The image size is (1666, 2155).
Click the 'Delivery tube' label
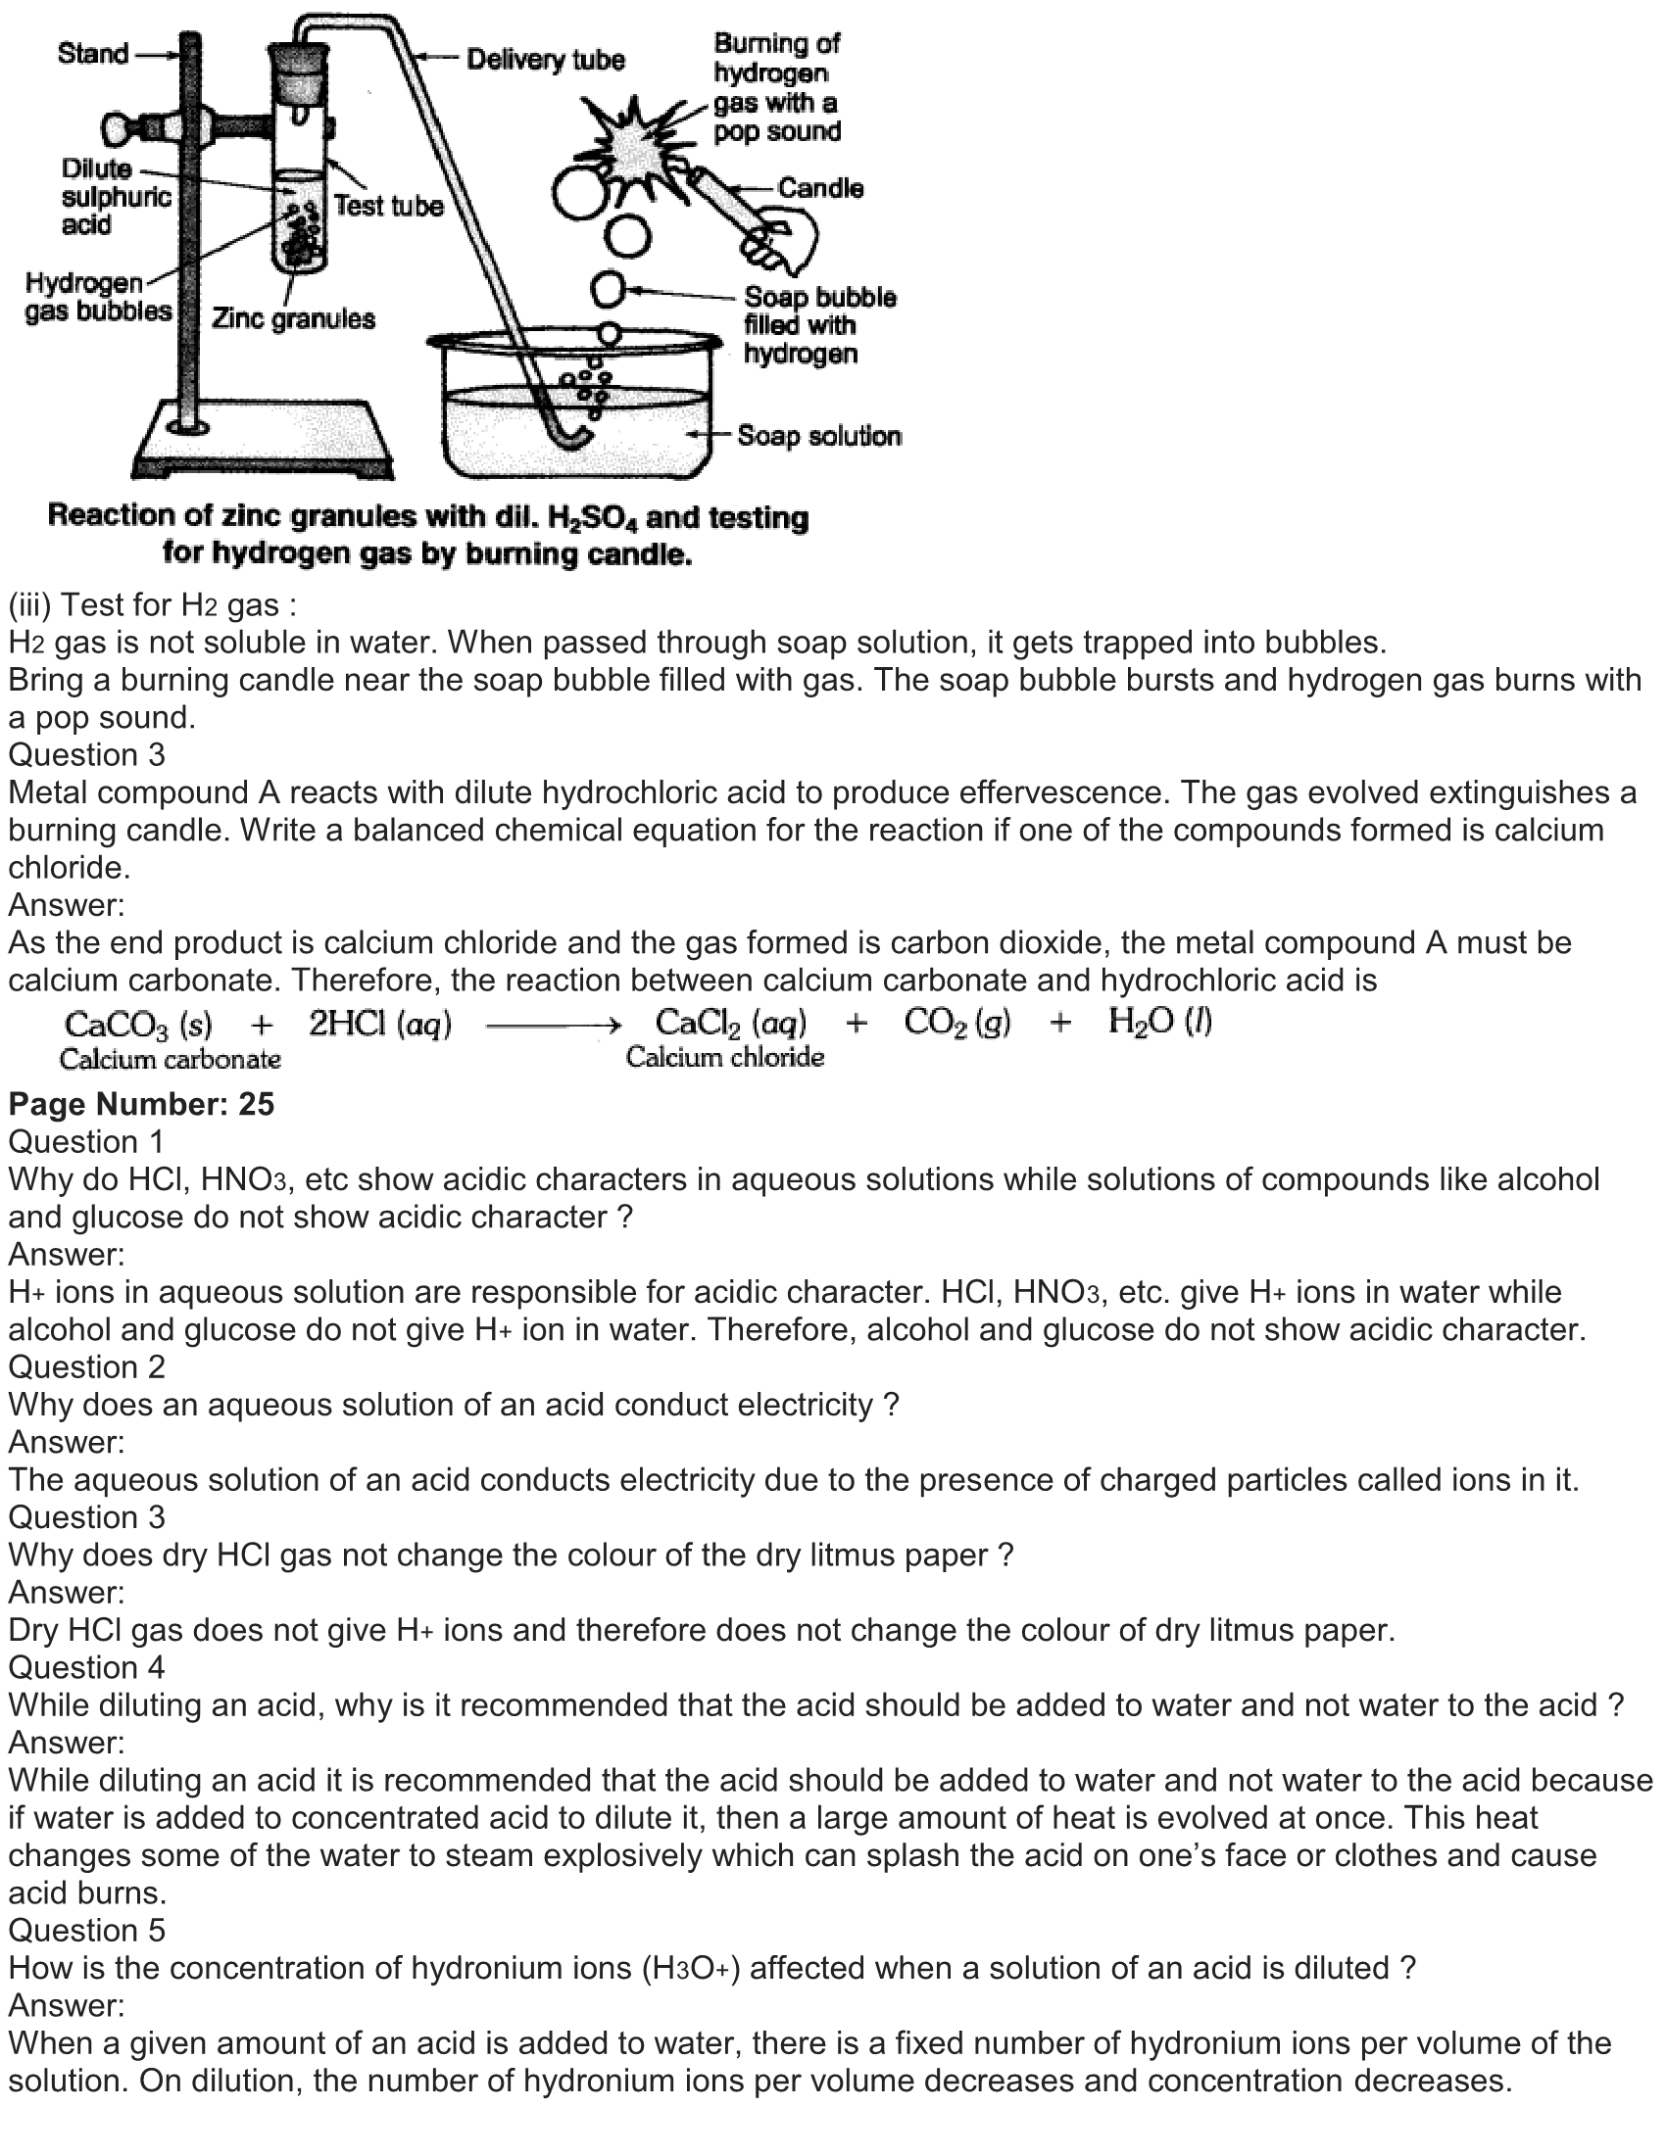[x=545, y=60]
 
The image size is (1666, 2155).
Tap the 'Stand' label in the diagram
[x=93, y=53]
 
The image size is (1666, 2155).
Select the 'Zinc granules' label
[x=293, y=318]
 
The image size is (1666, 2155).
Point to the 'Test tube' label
[x=388, y=206]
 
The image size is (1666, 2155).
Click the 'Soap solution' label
[x=818, y=435]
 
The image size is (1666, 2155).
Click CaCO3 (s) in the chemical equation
[x=138, y=1025]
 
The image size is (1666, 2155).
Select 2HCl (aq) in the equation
[x=380, y=1025]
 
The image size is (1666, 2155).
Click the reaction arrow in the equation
[x=553, y=1027]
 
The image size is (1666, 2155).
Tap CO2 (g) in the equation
[x=956, y=1023]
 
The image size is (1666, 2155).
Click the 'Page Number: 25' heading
[x=141, y=1103]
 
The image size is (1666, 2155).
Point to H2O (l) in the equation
[x=1159, y=1022]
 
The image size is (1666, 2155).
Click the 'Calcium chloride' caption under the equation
[x=724, y=1058]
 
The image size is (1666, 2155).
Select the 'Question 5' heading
[x=87, y=1930]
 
